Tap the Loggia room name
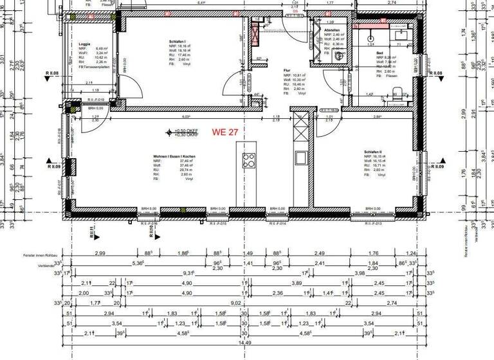pos(85,43)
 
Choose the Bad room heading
pos(380,53)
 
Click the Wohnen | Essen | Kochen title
pos(174,156)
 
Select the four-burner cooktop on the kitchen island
pos(249,161)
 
